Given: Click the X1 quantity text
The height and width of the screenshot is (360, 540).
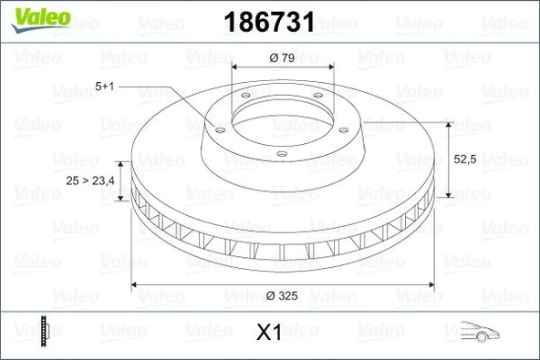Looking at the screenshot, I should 267,333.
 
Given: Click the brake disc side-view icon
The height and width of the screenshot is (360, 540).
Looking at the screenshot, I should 43,330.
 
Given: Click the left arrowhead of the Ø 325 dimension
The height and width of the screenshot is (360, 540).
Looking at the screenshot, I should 137,284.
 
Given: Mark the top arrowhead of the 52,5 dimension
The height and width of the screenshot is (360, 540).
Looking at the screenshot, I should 448,123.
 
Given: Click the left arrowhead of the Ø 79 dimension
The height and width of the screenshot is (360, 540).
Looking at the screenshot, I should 235,70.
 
